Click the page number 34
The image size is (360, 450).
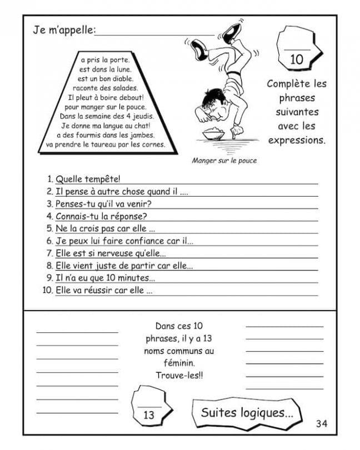pyautogui.click(x=322, y=424)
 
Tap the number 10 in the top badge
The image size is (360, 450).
pyautogui.click(x=297, y=59)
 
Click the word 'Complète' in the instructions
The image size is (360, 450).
pyautogui.click(x=286, y=84)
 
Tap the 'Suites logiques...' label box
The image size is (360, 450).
pyautogui.click(x=247, y=412)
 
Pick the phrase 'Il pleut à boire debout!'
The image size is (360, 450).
pyautogui.click(x=106, y=97)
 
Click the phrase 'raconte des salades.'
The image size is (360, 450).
pyautogui.click(x=106, y=88)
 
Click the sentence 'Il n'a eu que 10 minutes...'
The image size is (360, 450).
pyautogui.click(x=105, y=278)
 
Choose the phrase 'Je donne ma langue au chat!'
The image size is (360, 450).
pyautogui.click(x=106, y=126)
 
